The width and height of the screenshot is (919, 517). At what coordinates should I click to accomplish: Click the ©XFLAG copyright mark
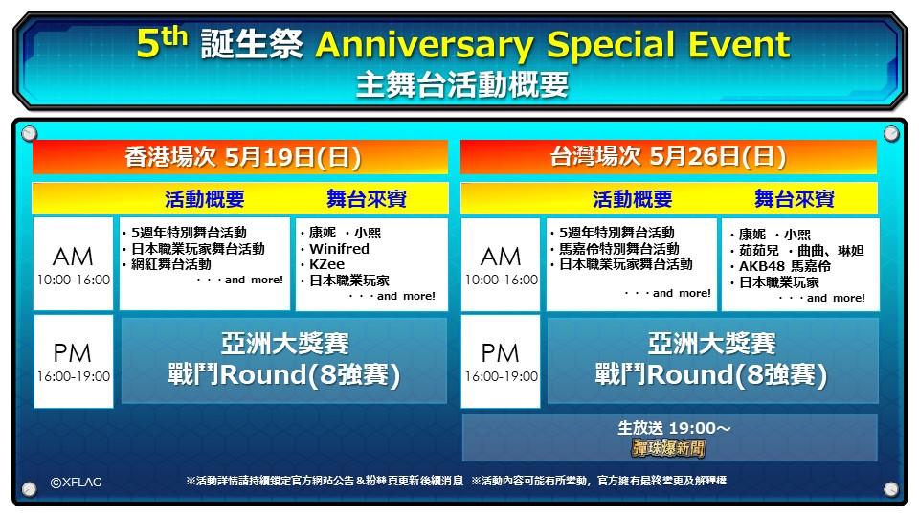[77, 482]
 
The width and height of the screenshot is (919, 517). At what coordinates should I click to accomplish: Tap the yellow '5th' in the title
[162, 42]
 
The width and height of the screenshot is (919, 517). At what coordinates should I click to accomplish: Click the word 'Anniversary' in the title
[425, 45]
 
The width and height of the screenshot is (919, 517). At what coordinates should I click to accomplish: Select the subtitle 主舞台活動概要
[461, 84]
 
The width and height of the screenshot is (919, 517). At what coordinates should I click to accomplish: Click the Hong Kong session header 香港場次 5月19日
[242, 157]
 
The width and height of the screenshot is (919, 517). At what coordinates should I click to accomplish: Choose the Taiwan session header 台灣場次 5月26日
[667, 156]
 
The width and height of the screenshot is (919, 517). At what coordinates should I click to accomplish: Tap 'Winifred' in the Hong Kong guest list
[339, 249]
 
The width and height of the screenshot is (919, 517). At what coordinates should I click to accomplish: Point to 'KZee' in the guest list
[326, 264]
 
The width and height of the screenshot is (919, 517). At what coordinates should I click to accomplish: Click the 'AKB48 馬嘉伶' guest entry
[785, 266]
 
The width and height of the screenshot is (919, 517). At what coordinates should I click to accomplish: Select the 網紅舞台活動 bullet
[171, 264]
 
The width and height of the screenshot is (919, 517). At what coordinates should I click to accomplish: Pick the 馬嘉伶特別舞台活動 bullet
[619, 249]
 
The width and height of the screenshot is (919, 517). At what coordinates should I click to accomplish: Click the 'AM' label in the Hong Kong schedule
[73, 257]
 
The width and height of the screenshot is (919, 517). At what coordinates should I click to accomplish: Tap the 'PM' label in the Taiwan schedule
[500, 353]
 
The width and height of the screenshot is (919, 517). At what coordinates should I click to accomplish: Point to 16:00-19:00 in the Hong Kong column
[74, 376]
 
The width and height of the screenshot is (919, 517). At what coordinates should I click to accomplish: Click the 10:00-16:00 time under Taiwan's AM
[501, 280]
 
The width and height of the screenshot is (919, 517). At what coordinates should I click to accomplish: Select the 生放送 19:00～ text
[674, 428]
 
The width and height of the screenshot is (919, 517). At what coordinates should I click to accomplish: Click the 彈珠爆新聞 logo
[669, 449]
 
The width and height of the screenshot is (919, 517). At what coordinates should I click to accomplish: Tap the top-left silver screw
[29, 134]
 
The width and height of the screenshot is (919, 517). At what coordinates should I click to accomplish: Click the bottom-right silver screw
[891, 489]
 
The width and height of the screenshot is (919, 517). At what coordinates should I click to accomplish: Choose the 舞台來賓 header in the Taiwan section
[795, 199]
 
